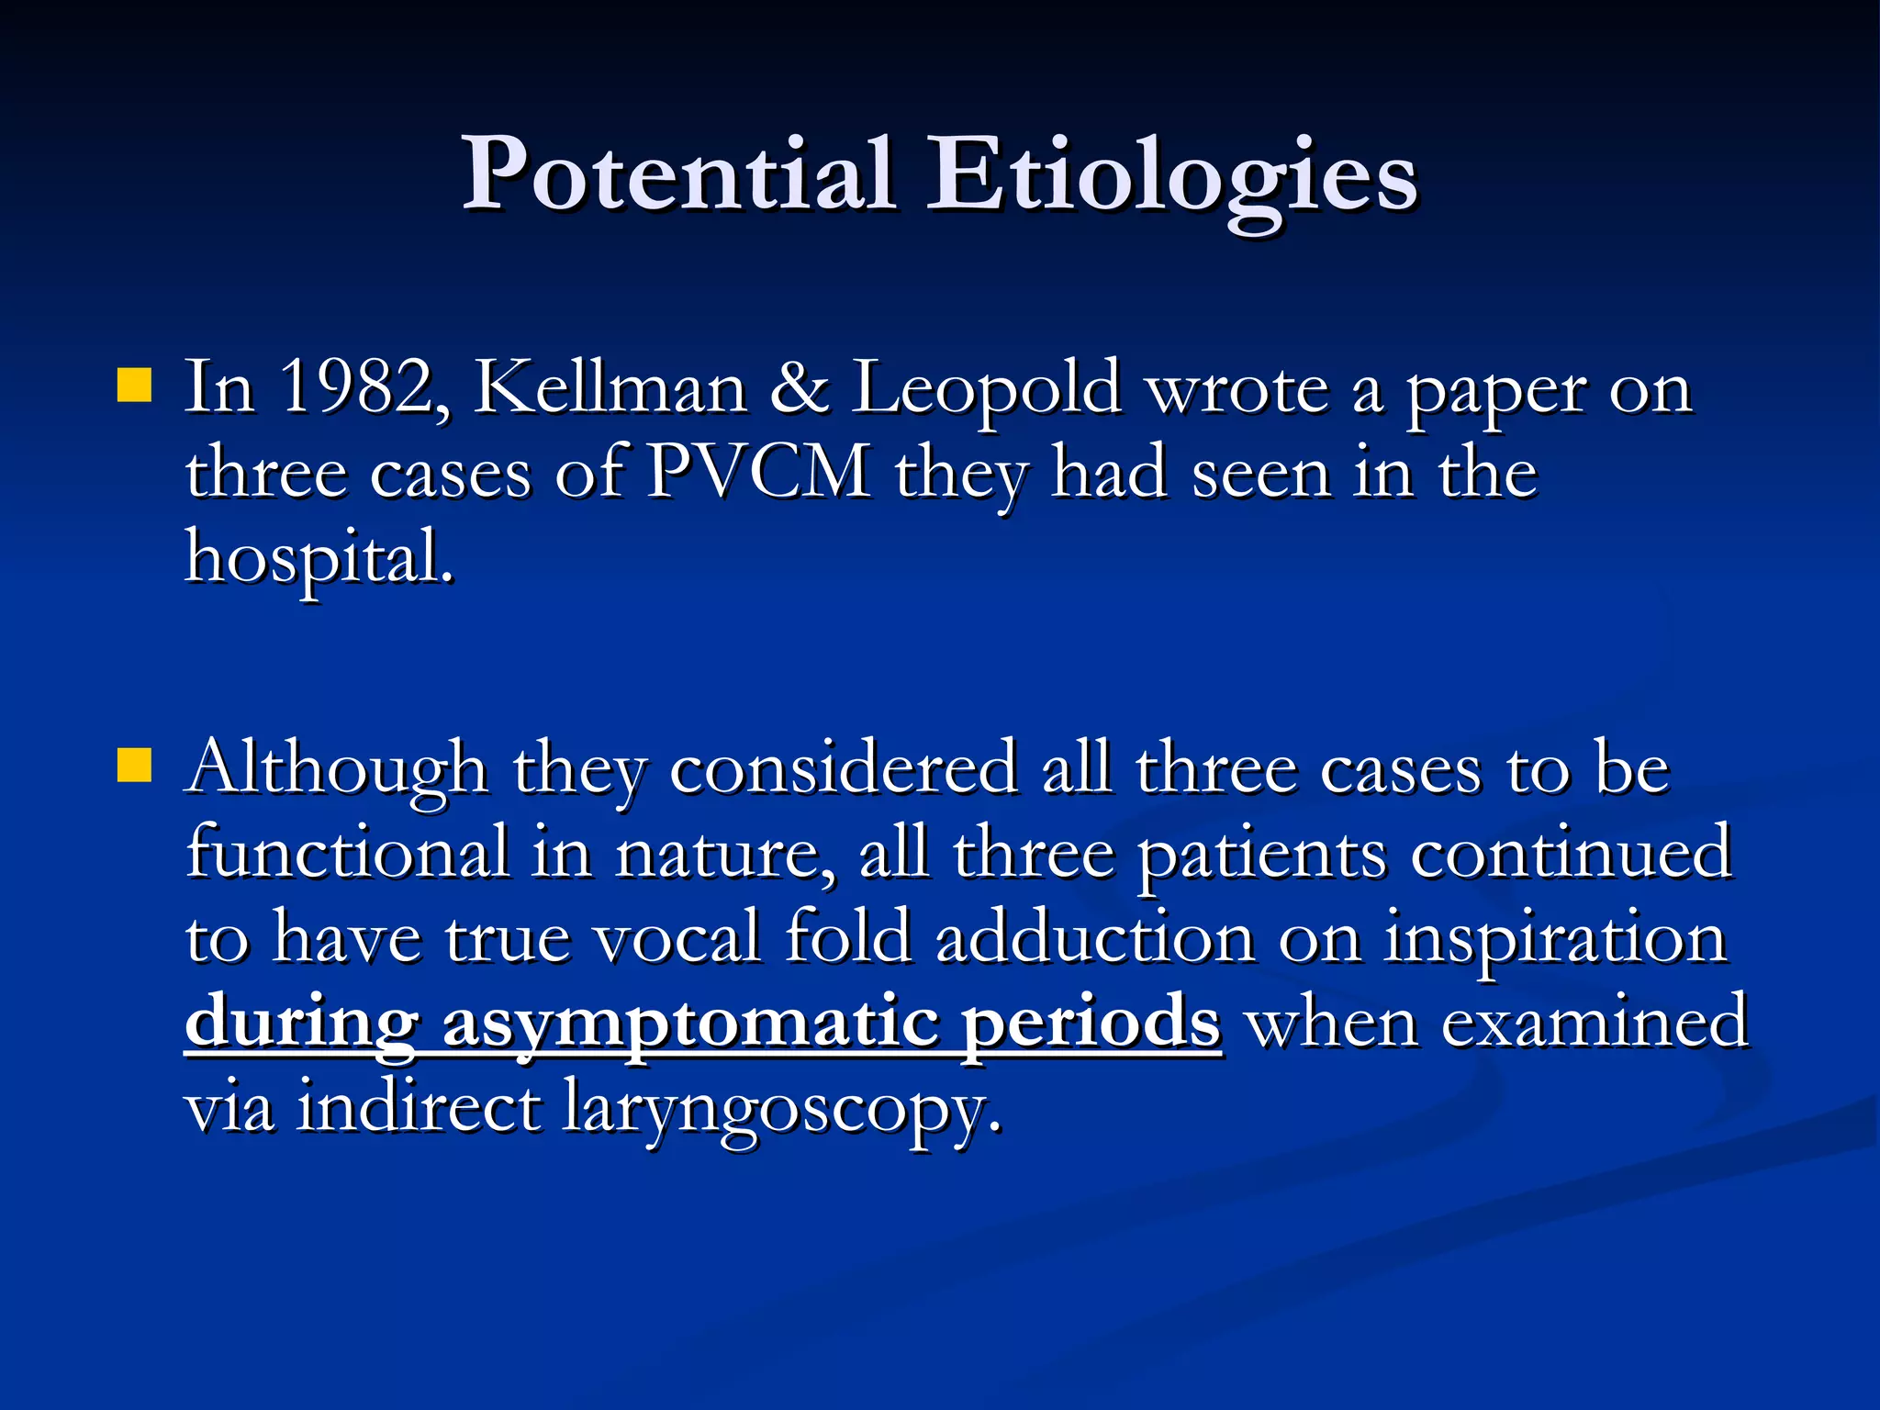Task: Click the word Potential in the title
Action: [x=677, y=174]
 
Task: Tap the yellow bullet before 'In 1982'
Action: [x=134, y=386]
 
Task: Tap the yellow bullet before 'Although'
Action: [x=134, y=765]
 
